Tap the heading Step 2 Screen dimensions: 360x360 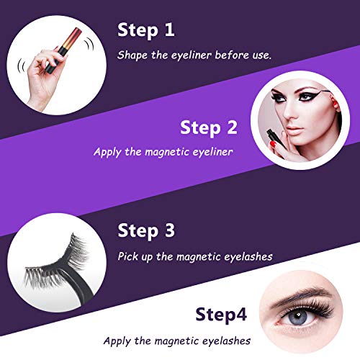pos(208,127)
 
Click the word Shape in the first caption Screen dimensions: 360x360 pos(134,55)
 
